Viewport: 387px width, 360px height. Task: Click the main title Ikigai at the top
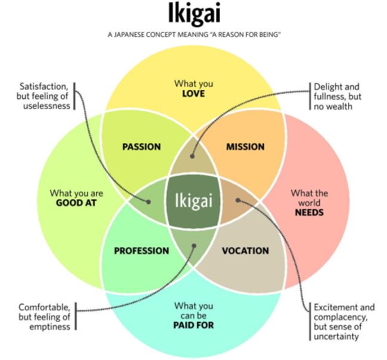click(x=193, y=15)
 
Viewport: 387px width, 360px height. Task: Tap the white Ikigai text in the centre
click(x=193, y=201)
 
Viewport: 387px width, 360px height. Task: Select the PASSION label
click(x=142, y=147)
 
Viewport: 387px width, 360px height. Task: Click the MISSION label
click(x=245, y=147)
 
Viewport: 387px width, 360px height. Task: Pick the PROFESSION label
click(x=142, y=251)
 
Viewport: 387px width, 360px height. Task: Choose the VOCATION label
click(x=245, y=251)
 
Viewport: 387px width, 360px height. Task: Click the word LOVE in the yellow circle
click(x=193, y=94)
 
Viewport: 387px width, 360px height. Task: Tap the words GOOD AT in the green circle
click(x=76, y=203)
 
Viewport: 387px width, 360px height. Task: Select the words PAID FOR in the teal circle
click(x=193, y=325)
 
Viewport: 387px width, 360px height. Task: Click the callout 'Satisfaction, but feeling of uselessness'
click(x=45, y=96)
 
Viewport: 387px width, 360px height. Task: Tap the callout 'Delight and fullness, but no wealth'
click(x=337, y=96)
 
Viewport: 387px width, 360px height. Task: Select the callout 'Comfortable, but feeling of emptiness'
click(x=45, y=317)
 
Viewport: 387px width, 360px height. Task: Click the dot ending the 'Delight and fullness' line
click(x=192, y=156)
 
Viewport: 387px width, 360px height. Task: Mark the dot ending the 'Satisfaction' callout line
click(x=149, y=201)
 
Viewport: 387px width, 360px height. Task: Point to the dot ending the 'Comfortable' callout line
click(x=192, y=245)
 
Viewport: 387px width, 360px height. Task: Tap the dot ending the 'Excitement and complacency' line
click(x=237, y=201)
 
